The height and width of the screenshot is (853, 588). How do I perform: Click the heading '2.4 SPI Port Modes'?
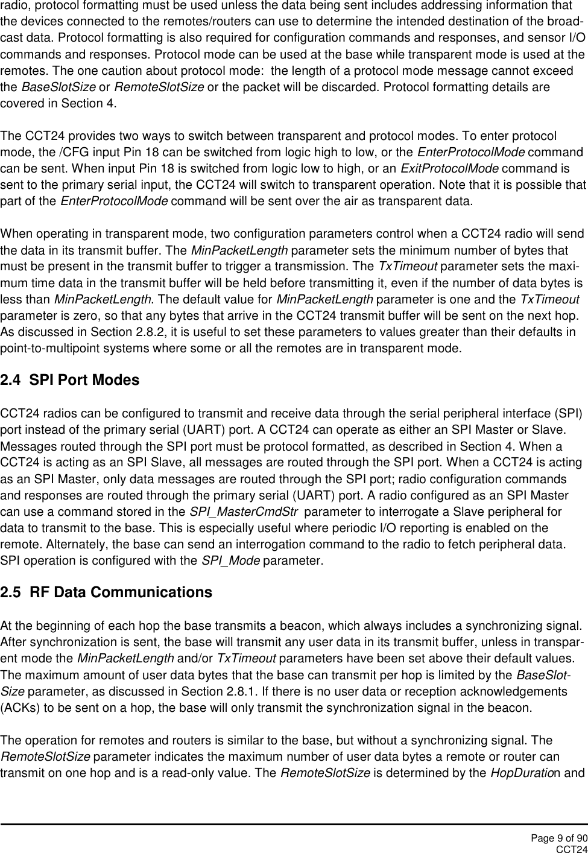[70, 381]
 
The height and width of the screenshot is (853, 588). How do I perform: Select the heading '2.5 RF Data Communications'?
[106, 592]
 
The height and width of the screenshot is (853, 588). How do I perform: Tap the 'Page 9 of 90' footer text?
[559, 838]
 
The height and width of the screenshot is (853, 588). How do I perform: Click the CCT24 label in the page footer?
[571, 849]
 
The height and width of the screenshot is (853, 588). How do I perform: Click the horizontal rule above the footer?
[294, 824]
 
